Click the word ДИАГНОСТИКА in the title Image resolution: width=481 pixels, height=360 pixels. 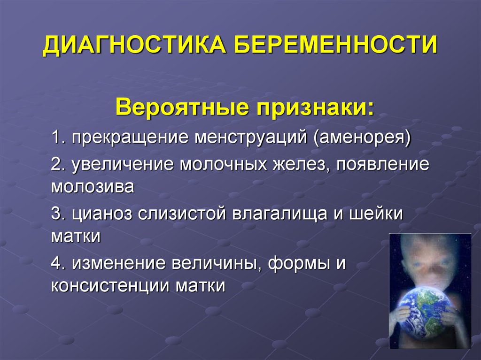coord(134,46)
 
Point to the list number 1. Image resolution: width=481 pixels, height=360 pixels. coord(58,137)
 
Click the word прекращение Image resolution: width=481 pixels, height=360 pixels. coord(130,138)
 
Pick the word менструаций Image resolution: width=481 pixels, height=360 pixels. coord(251,138)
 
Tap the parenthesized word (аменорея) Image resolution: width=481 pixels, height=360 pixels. coord(362,138)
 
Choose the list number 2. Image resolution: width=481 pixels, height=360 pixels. coord(58,164)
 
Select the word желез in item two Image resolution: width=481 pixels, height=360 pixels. coord(301,165)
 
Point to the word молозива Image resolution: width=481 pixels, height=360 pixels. coord(93,187)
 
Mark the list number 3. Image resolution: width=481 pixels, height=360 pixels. coord(58,213)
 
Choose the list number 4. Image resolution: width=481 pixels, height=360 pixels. coord(58,263)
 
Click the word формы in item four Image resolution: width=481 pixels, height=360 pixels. coord(298,264)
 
